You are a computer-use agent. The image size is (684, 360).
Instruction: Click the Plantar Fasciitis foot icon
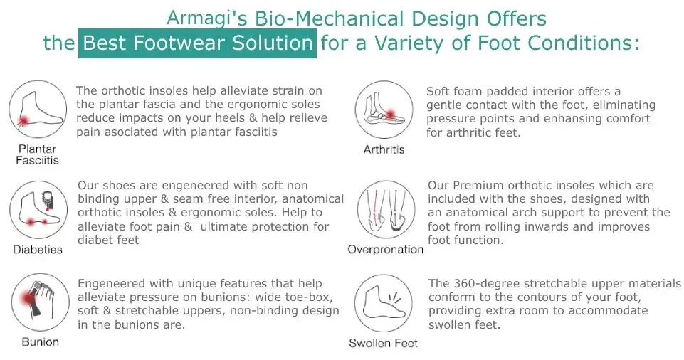click(x=38, y=110)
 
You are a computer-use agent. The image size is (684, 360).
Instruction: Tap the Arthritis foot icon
click(x=384, y=110)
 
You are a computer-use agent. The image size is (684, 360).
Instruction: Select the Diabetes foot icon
click(x=38, y=210)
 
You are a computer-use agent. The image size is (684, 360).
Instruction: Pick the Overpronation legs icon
click(x=386, y=210)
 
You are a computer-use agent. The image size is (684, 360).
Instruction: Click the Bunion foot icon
click(x=40, y=302)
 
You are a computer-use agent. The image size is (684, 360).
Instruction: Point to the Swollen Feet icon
click(x=384, y=303)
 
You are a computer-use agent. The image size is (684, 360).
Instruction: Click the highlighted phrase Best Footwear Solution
click(x=198, y=43)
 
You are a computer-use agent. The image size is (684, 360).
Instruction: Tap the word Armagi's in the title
click(x=207, y=18)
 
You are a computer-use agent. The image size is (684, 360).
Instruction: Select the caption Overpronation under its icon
click(x=386, y=249)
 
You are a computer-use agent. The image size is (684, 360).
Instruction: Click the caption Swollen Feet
click(x=384, y=343)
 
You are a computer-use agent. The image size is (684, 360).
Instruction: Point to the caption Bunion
click(x=40, y=342)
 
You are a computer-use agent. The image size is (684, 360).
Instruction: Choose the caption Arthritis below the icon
click(x=384, y=149)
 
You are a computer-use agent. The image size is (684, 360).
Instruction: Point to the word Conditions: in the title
click(x=558, y=43)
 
